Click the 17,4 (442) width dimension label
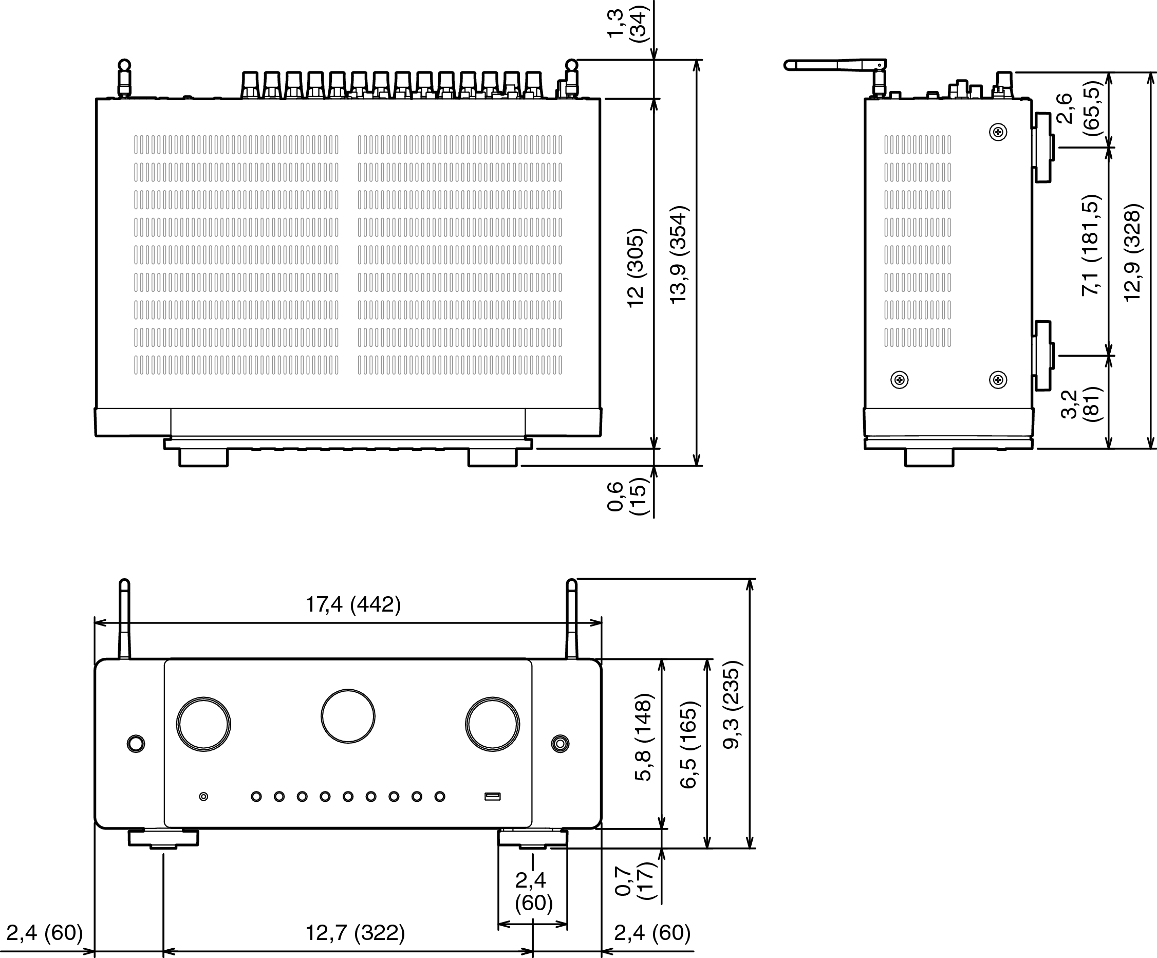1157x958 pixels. (353, 605)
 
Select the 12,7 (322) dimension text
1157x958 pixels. (356, 933)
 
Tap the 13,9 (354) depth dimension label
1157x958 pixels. (679, 254)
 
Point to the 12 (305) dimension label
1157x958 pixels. (636, 267)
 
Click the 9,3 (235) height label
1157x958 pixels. (733, 708)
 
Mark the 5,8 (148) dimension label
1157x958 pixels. (644, 737)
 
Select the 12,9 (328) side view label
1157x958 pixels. (1133, 252)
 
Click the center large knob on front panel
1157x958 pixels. (348, 716)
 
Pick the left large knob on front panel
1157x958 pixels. (204, 724)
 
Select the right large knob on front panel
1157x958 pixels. (493, 724)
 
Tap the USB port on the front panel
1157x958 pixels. (493, 797)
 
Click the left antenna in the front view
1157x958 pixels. (124, 619)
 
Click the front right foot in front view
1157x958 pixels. (532, 838)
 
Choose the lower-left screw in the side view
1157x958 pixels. (900, 380)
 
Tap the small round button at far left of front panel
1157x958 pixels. (136, 744)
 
